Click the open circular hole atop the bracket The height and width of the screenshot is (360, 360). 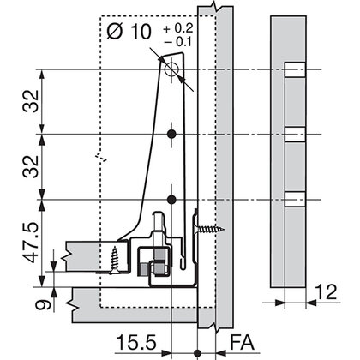(x=173, y=69)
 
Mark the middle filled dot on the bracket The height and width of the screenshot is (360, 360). (x=173, y=135)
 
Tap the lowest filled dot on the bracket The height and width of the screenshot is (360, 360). (x=173, y=200)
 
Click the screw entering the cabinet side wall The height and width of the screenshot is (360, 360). (x=211, y=229)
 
